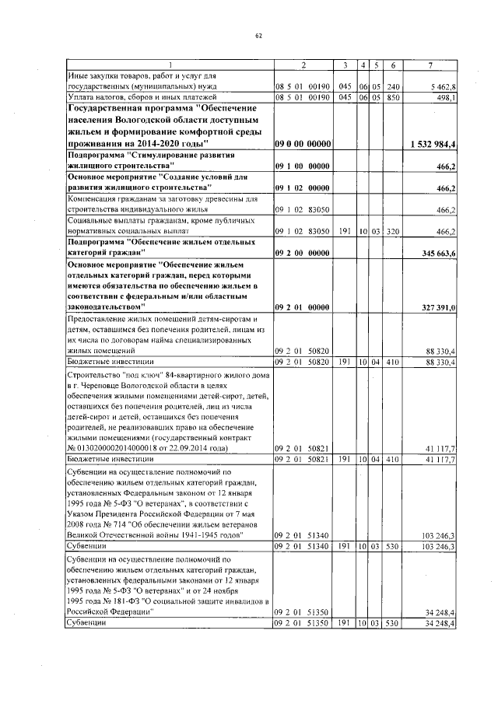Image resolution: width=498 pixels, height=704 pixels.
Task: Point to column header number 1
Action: pyautogui.click(x=170, y=64)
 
